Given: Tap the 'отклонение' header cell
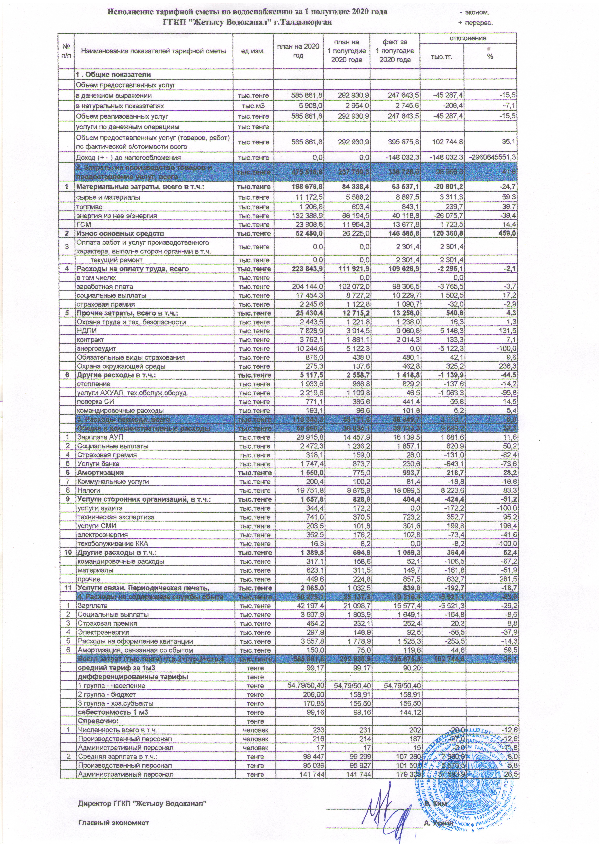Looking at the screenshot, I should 468,38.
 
